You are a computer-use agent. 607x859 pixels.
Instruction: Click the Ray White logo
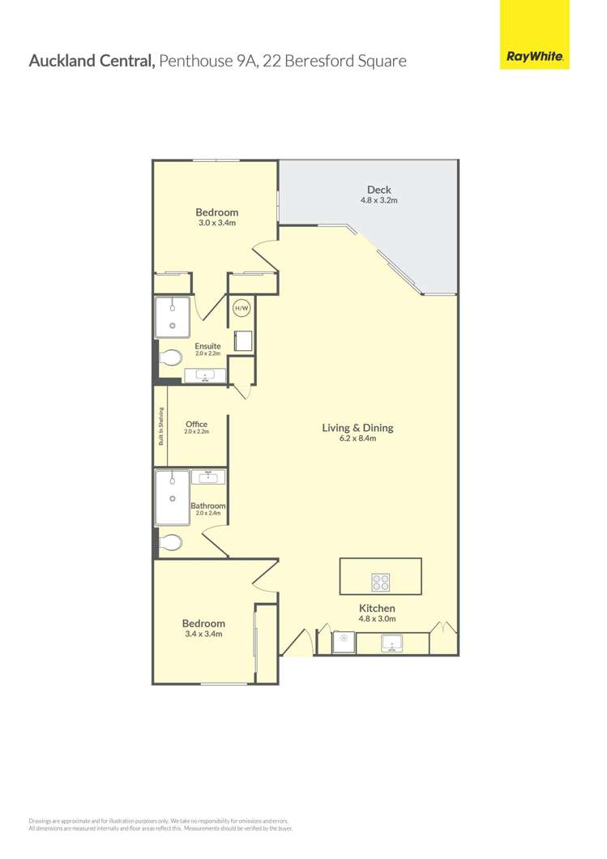coord(536,58)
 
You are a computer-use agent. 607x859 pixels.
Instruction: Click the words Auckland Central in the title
coord(92,60)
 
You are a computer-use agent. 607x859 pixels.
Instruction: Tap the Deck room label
coord(378,190)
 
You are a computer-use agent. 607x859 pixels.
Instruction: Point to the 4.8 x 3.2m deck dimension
coord(378,200)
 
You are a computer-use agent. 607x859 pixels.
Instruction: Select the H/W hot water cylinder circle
coord(242,308)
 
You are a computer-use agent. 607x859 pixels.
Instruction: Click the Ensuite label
coord(207,346)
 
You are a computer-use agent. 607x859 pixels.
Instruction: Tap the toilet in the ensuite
coord(170,357)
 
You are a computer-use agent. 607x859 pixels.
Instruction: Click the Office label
coord(196,424)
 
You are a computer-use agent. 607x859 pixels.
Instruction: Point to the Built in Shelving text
coord(161,426)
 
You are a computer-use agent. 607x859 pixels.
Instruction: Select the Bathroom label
coord(207,506)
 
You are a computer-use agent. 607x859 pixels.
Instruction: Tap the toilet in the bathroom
coord(169,541)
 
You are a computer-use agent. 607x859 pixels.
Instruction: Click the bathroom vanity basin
coord(209,477)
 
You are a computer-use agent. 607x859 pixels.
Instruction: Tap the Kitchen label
coord(377,608)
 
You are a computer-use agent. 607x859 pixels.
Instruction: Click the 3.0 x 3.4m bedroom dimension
coord(216,222)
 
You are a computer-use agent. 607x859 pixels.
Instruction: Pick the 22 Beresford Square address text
coord(340,60)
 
